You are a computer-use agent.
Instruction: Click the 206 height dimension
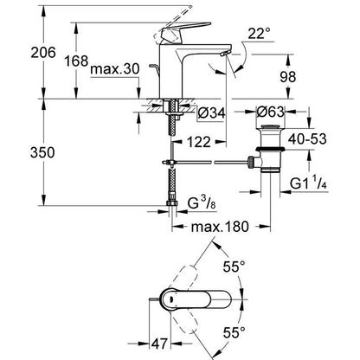click(43, 53)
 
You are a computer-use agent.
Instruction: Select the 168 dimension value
click(76, 61)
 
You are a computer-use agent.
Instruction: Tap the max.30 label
click(115, 69)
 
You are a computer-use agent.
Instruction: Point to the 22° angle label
click(260, 34)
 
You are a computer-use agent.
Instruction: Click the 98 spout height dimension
click(288, 77)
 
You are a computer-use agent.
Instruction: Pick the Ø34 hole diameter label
click(211, 113)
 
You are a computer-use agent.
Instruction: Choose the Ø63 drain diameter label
click(270, 112)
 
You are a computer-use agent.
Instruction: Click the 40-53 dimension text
click(307, 139)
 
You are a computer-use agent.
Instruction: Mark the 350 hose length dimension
click(42, 152)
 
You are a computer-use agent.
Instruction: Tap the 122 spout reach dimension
click(199, 142)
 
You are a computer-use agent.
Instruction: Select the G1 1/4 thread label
click(308, 183)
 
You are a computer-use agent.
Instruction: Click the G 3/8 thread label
click(202, 203)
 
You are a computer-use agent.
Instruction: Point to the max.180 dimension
click(220, 227)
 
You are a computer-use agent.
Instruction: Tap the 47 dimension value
click(159, 344)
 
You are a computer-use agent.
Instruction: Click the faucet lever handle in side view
click(185, 29)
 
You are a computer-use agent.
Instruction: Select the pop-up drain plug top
click(270, 126)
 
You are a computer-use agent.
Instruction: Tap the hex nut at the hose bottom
click(172, 203)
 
